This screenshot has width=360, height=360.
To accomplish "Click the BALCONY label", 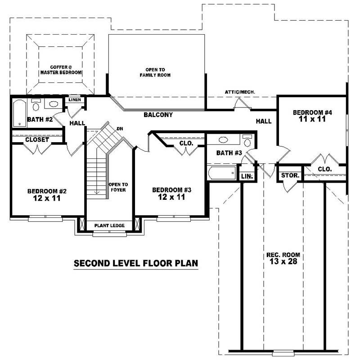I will tap(158, 115).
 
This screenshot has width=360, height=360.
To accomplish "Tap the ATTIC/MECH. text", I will tap(240, 92).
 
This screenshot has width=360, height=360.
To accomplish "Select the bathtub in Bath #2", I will tap(19, 113).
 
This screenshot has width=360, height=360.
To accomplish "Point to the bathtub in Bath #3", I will tap(222, 173).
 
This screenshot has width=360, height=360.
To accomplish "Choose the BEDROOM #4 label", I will tap(312, 112).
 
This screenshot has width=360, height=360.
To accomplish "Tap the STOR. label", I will tap(290, 175).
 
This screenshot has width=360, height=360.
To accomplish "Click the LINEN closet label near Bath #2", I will tap(75, 99).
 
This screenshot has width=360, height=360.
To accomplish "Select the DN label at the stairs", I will tap(120, 129).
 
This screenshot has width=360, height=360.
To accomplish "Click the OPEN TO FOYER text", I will tap(118, 187).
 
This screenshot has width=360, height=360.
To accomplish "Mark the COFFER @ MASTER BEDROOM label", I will tap(60, 69).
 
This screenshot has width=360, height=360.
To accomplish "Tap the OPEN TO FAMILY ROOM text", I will tap(155, 72).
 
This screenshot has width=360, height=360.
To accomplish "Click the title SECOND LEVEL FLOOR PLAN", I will tap(136, 263).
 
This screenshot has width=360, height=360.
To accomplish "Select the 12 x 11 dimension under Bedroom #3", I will tap(171, 197).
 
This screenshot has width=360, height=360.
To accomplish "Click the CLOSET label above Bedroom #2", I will tap(37, 140).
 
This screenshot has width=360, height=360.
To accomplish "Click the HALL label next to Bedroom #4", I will tap(263, 121).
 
